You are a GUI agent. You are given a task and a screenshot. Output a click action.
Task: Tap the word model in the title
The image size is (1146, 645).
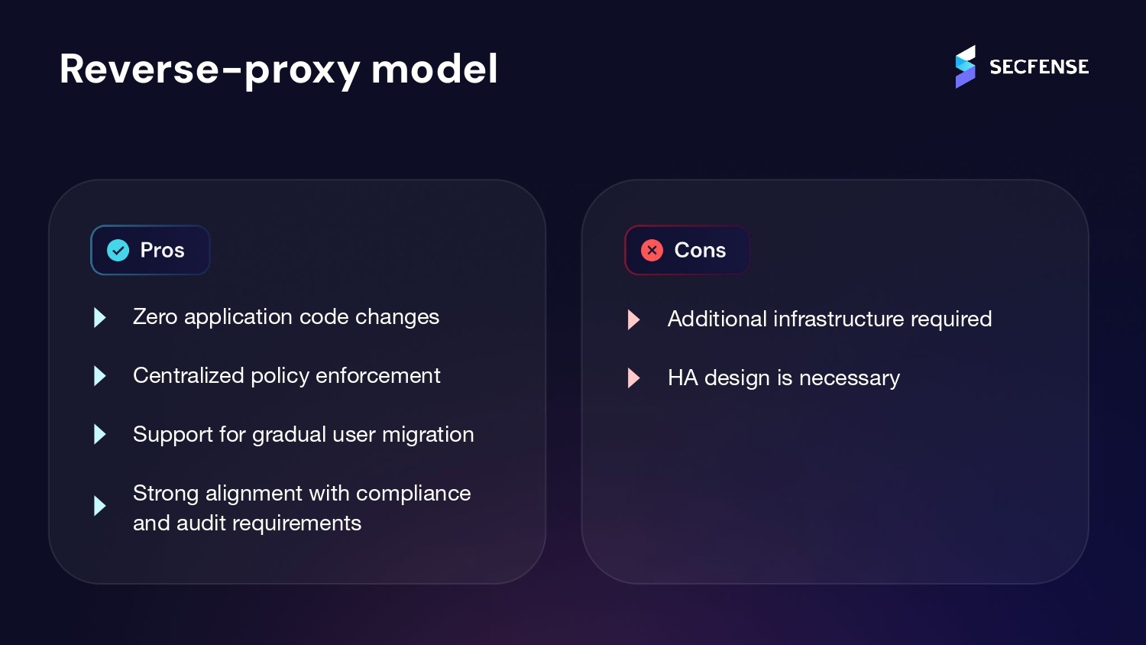pyautogui.click(x=434, y=69)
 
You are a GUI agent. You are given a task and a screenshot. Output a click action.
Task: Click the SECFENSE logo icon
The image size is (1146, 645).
pyautogui.click(x=965, y=67)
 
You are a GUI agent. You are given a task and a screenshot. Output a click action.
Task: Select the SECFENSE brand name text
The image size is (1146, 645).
pyautogui.click(x=1039, y=67)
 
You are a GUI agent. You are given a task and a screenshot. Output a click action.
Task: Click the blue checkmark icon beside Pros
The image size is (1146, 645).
pyautogui.click(x=118, y=250)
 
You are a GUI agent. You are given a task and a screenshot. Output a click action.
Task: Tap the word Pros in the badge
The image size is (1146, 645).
pyautogui.click(x=162, y=250)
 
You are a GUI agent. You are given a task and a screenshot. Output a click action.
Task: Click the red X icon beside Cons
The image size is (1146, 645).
pyautogui.click(x=652, y=250)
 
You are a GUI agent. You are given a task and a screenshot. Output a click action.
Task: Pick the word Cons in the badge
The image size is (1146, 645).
pyautogui.click(x=700, y=250)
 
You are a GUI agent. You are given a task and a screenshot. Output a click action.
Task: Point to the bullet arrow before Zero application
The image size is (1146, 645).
pyautogui.click(x=99, y=317)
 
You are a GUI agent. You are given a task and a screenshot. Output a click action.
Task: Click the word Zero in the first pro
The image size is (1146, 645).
pyautogui.click(x=155, y=317)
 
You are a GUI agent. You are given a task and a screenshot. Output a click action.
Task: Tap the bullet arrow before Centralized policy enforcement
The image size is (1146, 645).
pyautogui.click(x=99, y=376)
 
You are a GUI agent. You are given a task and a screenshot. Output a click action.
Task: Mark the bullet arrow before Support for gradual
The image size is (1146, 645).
pyautogui.click(x=99, y=435)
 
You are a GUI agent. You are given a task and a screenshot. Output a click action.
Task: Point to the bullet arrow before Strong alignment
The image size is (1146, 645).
pyautogui.click(x=99, y=506)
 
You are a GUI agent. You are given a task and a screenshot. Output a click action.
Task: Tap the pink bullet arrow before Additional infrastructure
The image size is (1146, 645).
pyautogui.click(x=633, y=319)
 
